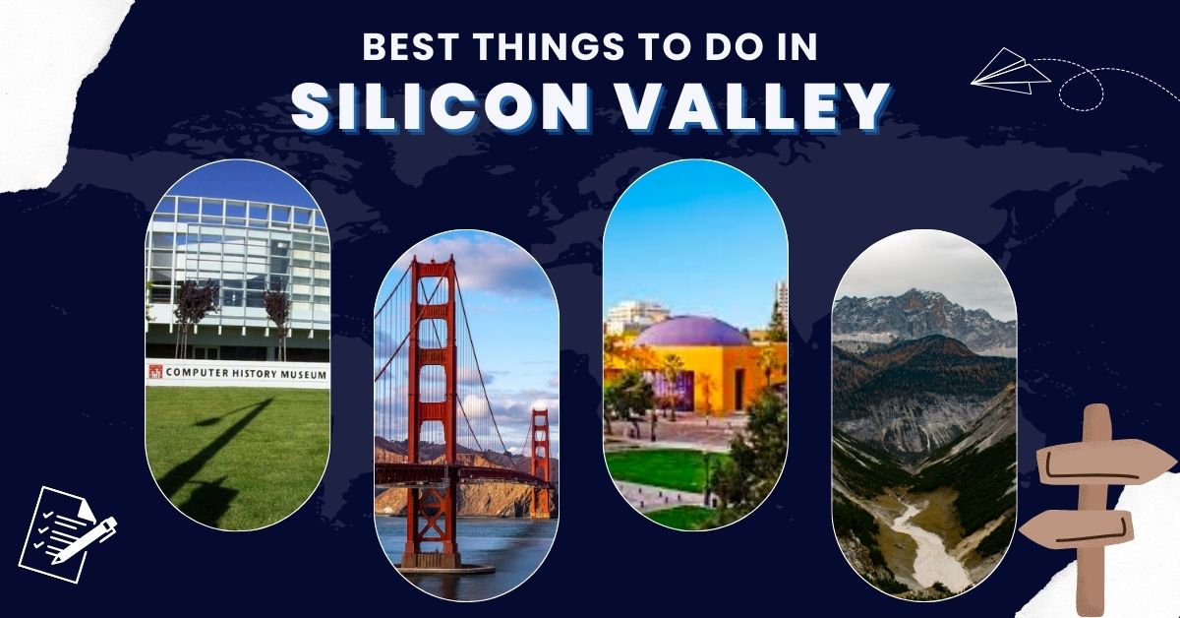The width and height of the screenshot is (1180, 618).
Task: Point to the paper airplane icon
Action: point(1010,72)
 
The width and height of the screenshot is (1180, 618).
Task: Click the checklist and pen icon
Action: point(68,534)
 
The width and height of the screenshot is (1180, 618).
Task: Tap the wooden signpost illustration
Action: point(1098,506)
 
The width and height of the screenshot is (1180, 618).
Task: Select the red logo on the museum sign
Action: point(155,372)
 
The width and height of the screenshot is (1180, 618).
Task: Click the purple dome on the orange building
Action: point(692,332)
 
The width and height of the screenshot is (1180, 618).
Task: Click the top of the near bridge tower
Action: point(433,260)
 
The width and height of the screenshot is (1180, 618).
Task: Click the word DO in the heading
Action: point(729,46)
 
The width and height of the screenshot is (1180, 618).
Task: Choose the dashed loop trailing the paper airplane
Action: point(1081,92)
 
